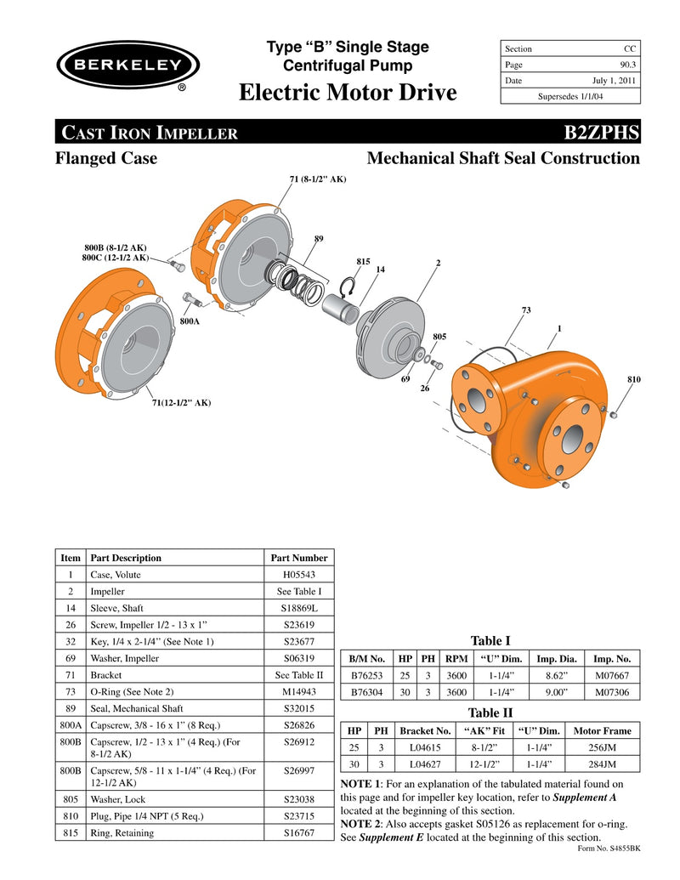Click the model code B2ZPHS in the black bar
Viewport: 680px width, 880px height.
(595, 133)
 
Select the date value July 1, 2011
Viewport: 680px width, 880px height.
(613, 81)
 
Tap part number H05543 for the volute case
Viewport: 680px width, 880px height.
(298, 575)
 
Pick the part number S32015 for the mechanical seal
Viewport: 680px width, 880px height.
(298, 708)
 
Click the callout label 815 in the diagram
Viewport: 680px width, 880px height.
(363, 261)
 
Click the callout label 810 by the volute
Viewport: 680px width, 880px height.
(634, 378)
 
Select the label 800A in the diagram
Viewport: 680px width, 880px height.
(190, 322)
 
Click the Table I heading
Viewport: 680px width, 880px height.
(490, 641)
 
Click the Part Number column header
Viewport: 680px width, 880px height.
(298, 558)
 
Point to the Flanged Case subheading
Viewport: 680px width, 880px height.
(106, 158)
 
